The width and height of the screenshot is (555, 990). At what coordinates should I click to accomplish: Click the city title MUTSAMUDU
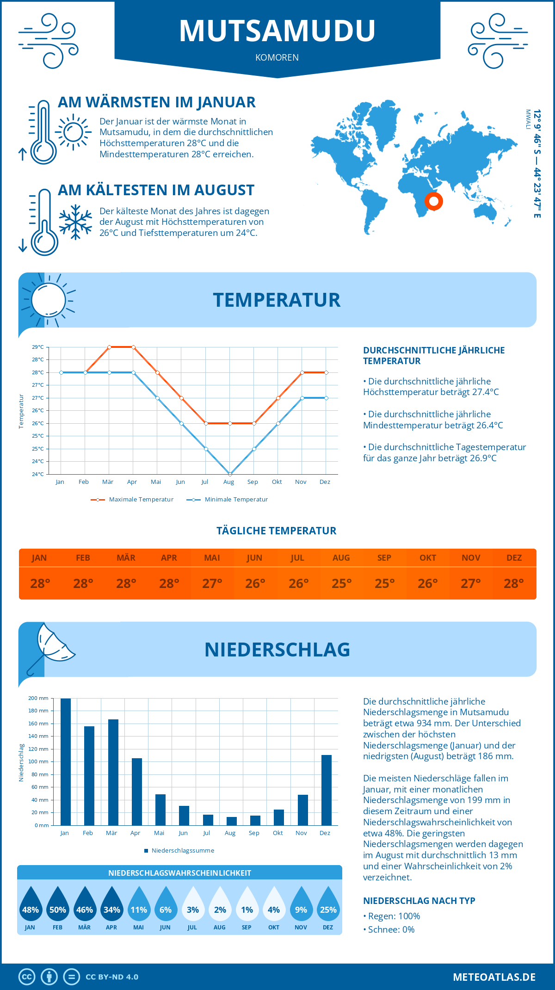[x=277, y=31]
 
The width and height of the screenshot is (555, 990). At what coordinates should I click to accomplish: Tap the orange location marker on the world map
[x=433, y=201]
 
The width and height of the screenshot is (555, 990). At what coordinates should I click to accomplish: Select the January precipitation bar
[x=66, y=761]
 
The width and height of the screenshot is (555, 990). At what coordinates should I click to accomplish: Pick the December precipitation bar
[x=327, y=790]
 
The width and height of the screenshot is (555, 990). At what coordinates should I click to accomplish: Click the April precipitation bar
[x=137, y=792]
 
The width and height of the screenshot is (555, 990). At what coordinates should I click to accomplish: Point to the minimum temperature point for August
[x=230, y=474]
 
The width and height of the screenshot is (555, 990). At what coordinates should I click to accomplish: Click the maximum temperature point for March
[x=109, y=347]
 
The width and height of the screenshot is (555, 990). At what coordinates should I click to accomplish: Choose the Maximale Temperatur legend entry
[x=132, y=500]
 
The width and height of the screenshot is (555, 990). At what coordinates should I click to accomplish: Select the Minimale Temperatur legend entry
[x=228, y=500]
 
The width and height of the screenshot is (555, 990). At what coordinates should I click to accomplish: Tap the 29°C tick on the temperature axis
[x=38, y=347]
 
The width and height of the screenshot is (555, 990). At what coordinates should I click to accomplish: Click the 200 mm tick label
[x=38, y=698]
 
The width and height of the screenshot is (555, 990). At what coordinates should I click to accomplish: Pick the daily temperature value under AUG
[x=341, y=583]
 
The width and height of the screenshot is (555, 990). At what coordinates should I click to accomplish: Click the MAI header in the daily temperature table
[x=212, y=558]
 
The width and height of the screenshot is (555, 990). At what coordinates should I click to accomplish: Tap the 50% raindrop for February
[x=57, y=907]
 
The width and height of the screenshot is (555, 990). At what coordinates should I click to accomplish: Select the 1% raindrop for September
[x=247, y=907]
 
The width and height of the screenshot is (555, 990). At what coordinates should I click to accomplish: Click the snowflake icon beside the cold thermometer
[x=75, y=222]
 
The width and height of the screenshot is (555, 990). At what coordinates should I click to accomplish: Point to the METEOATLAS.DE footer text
[x=494, y=977]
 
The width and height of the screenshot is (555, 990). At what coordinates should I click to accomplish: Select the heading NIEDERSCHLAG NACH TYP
[x=419, y=901]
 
